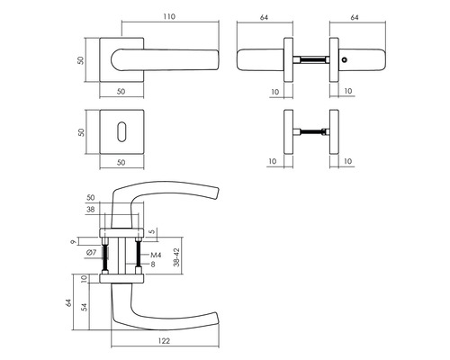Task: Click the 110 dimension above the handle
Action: (x=169, y=17)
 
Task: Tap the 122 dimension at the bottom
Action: (x=164, y=341)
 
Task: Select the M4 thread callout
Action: (x=156, y=255)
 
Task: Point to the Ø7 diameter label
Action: (x=91, y=253)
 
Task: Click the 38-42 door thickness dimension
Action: (x=176, y=257)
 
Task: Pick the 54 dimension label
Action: (x=85, y=307)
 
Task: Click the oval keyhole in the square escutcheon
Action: (x=121, y=131)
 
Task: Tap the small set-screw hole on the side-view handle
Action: (x=345, y=60)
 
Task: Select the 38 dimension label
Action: (x=90, y=209)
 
